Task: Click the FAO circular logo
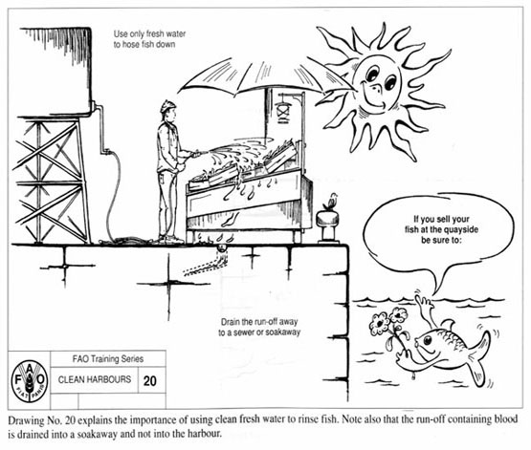30,381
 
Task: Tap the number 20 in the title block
149,381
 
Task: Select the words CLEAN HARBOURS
95,379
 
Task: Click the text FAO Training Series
108,358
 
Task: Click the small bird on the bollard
330,202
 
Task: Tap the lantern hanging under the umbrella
283,108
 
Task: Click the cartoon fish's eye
428,340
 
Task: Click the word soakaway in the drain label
283,332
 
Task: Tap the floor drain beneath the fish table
222,248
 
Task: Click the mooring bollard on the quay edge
328,226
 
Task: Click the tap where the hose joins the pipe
108,152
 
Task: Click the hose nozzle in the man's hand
198,155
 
